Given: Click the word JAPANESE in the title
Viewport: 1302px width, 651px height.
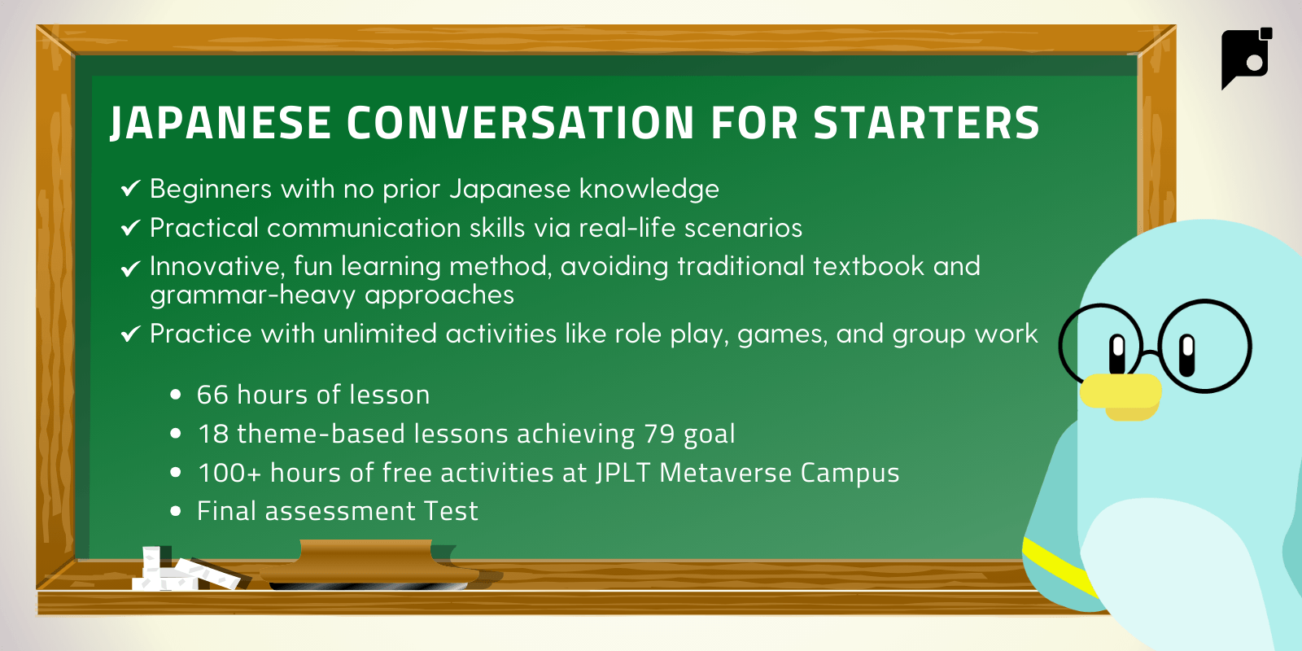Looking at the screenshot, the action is point(221,123).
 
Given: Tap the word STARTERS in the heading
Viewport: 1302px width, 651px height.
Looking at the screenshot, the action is point(927,123).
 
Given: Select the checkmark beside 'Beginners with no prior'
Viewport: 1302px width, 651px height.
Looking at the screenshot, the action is point(131,188).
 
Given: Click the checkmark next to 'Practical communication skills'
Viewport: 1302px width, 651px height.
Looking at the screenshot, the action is point(131,227).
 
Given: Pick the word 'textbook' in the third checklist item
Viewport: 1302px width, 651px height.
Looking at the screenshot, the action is point(868,265).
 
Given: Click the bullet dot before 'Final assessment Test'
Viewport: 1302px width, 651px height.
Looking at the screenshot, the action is point(176,511).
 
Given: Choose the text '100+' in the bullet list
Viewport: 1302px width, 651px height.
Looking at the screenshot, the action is point(229,473).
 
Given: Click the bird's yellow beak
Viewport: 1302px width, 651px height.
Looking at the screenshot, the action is point(1121,396).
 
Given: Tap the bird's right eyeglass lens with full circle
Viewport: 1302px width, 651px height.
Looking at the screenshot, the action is point(1205,347).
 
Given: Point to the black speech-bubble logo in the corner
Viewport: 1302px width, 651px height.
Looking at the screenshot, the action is point(1246,58).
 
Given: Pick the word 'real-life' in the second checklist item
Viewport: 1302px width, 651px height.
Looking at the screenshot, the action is point(627,227).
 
